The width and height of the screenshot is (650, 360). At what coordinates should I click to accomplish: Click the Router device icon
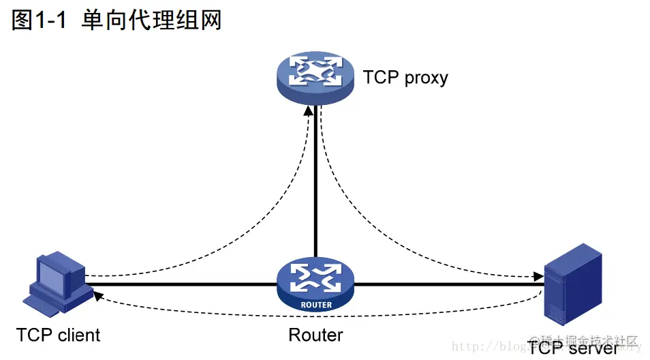coord(315,284)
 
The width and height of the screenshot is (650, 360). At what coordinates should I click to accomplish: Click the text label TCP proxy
coord(405,77)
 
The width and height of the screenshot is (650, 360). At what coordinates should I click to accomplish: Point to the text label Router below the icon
coord(315,335)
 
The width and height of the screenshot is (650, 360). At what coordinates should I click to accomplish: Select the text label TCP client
coord(59,335)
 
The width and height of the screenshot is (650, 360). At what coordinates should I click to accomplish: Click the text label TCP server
coord(573,348)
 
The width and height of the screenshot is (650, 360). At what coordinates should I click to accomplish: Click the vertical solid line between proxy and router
coord(315,184)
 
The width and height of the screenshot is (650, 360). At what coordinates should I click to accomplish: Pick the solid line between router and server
coord(450,284)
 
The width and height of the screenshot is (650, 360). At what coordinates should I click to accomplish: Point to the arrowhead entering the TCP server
coord(539,277)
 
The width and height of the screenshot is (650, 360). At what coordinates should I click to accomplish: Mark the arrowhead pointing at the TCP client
coord(98,295)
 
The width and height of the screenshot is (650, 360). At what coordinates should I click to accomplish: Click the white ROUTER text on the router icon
coord(315,305)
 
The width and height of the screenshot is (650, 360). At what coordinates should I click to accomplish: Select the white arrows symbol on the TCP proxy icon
coord(315,70)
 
